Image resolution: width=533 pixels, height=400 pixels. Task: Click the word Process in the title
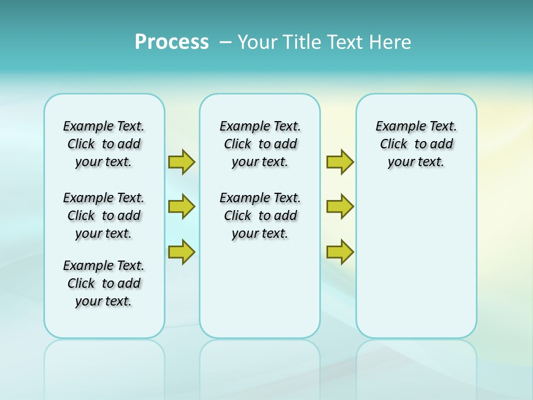172,42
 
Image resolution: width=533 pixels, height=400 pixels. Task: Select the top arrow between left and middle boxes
182,162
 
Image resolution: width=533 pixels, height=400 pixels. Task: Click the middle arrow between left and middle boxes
182,207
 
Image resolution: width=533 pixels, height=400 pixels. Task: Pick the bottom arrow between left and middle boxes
182,252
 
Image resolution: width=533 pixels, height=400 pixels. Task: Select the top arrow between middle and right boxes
340,162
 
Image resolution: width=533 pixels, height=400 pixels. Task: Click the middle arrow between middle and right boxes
340,207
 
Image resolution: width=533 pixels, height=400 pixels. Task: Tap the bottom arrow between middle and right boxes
340,252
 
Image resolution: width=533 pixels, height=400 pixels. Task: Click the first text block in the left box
104,144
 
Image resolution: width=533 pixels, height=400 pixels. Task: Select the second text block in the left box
104,216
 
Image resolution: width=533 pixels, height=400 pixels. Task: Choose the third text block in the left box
104,283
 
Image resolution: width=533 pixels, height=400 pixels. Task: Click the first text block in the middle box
260,144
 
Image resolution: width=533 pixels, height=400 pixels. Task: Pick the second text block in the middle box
260,216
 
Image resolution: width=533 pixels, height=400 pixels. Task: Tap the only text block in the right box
416,144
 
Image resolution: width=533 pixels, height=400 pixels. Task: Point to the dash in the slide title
225,42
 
